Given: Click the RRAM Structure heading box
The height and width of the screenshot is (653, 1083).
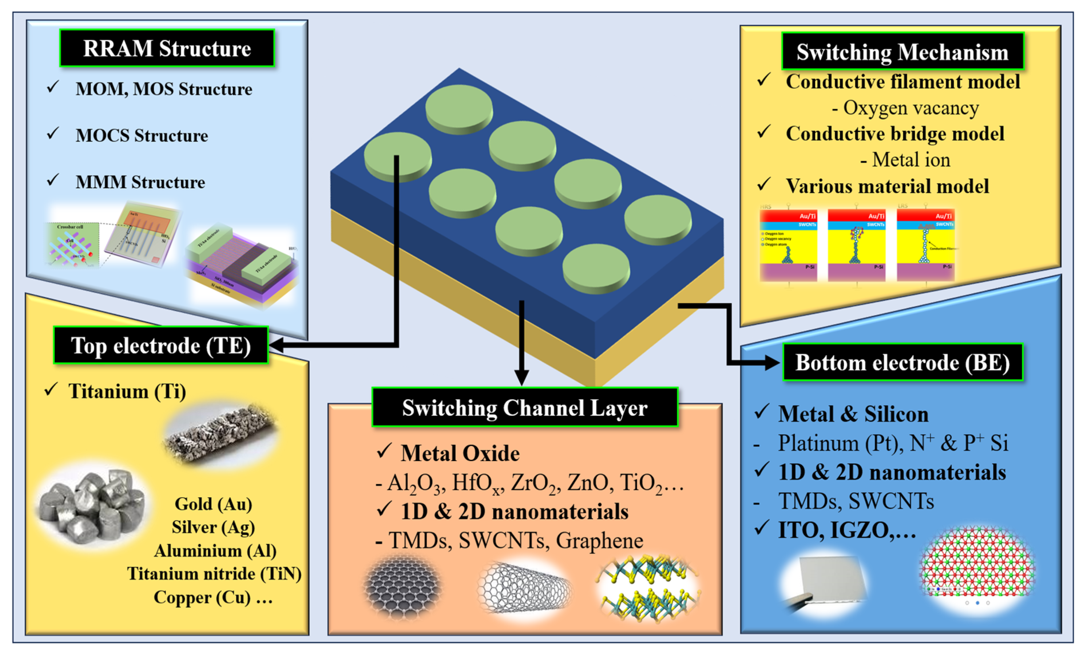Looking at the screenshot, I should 167,48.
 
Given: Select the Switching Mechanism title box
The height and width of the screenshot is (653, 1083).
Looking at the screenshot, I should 902,52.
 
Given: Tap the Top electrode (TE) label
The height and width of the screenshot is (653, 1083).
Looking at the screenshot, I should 161,346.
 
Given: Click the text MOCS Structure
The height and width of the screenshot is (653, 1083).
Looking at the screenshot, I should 142,135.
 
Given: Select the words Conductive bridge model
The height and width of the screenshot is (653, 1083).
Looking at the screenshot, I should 895,134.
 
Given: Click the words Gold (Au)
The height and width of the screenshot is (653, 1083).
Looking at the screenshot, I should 213,504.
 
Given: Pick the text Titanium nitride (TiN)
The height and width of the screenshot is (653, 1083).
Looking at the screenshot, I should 214,574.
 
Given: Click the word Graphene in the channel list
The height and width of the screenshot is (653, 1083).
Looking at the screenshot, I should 600,540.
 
